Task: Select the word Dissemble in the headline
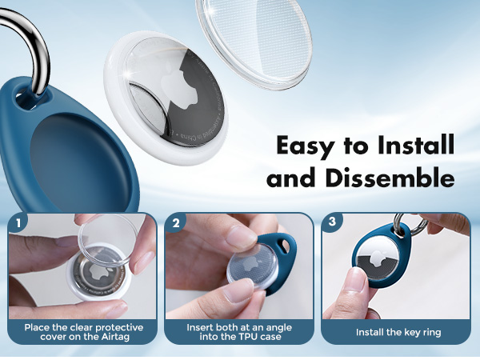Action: pos(390,178)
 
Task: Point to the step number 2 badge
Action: pos(174,222)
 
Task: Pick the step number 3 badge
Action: pos(331,222)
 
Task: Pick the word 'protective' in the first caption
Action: pos(102,327)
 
